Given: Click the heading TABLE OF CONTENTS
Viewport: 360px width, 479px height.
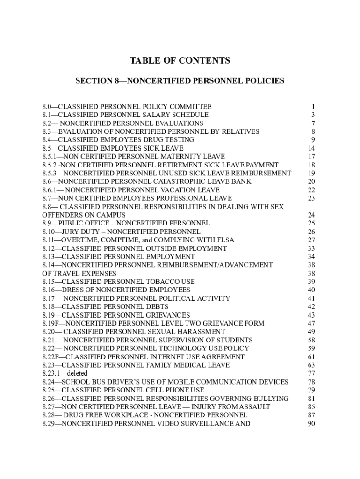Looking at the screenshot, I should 180,61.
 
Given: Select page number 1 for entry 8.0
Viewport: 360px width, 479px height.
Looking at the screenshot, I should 313,106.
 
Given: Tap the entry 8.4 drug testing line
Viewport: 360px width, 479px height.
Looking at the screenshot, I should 118,140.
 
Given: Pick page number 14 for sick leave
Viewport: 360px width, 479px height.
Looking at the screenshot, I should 311,148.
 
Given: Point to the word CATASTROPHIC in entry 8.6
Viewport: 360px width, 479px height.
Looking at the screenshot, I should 180,181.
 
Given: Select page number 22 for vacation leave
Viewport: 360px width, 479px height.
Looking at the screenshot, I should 311,190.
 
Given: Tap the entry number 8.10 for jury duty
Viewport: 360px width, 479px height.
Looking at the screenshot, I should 48,232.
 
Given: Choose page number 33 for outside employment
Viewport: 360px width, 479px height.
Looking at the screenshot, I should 311,248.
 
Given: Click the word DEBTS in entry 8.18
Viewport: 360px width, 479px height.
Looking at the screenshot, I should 157,307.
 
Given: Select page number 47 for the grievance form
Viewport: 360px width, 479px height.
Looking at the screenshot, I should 311,323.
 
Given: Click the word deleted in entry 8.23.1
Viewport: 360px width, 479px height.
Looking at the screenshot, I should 77,373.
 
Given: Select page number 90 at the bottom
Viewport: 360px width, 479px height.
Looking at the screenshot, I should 311,424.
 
